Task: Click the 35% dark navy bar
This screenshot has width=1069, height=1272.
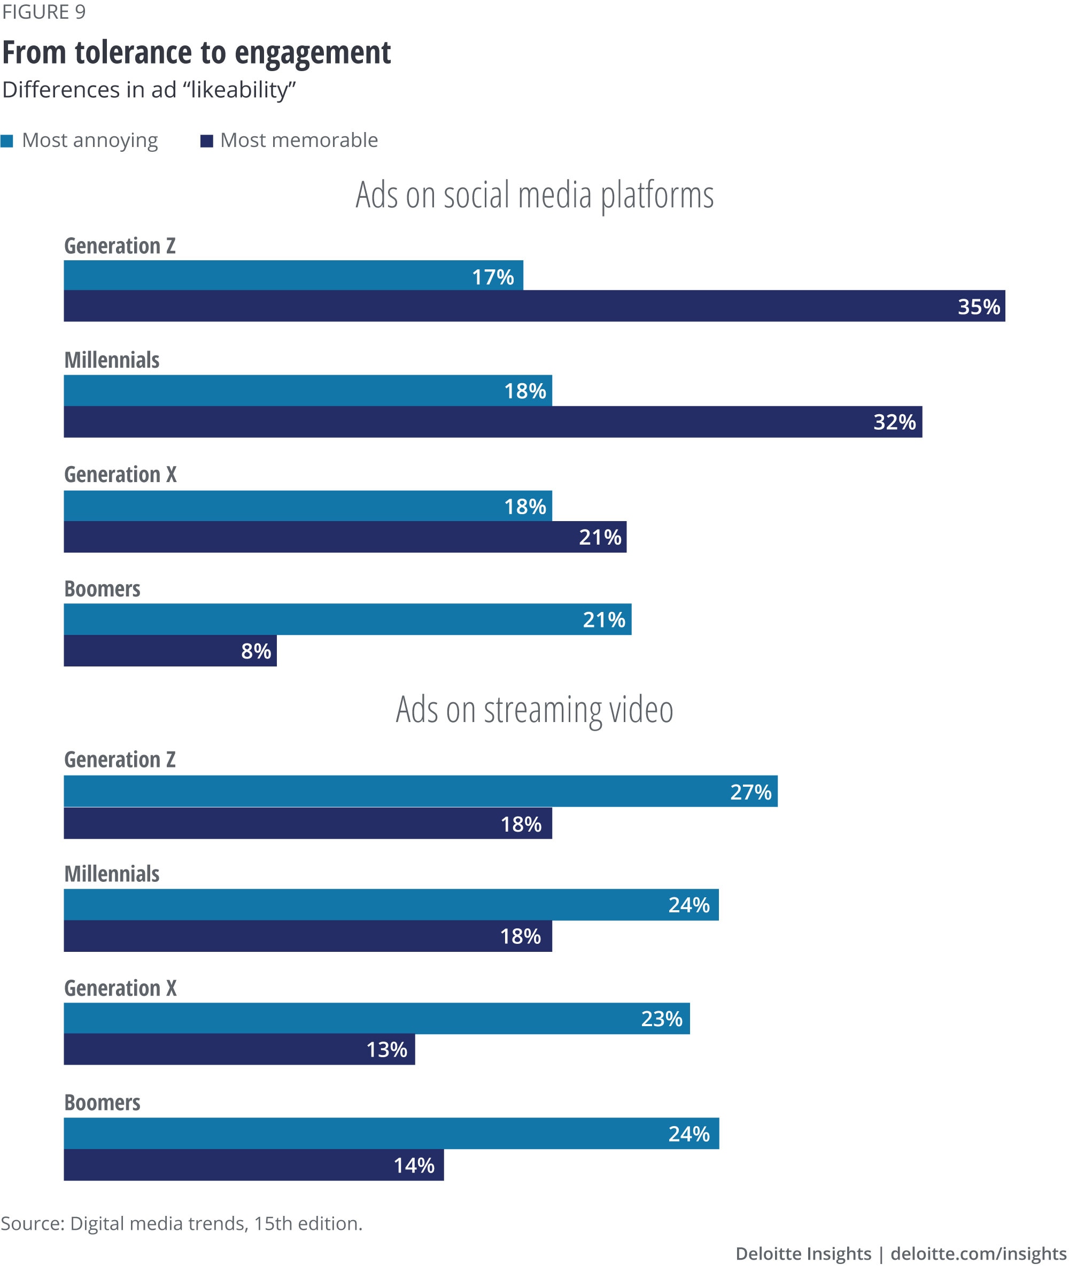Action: pyautogui.click(x=533, y=306)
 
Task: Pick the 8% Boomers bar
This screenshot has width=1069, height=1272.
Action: pyautogui.click(x=169, y=651)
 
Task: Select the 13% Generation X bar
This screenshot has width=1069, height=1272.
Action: pyautogui.click(x=239, y=1049)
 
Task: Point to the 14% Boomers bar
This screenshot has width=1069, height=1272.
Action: pyautogui.click(x=253, y=1165)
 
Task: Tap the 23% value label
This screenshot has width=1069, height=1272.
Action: pyautogui.click(x=662, y=1019)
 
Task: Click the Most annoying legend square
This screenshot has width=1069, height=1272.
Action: pyautogui.click(x=6, y=141)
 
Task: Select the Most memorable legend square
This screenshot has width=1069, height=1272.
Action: pyautogui.click(x=207, y=141)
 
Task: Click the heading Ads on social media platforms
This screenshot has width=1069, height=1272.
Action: pyautogui.click(x=534, y=195)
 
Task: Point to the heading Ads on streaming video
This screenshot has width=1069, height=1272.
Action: pyautogui.click(x=534, y=710)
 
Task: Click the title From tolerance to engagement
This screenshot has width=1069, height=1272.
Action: pyautogui.click(x=196, y=53)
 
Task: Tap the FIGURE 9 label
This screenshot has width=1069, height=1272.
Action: pyautogui.click(x=44, y=12)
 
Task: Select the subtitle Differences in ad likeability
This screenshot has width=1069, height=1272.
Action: pyautogui.click(x=149, y=90)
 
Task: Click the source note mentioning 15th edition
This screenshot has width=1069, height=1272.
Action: pyautogui.click(x=181, y=1223)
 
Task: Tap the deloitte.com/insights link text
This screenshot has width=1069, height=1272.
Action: pyautogui.click(x=978, y=1253)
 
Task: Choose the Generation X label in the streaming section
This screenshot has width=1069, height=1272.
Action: pyautogui.click(x=120, y=988)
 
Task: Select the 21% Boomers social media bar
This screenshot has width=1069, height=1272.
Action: pyautogui.click(x=347, y=619)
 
